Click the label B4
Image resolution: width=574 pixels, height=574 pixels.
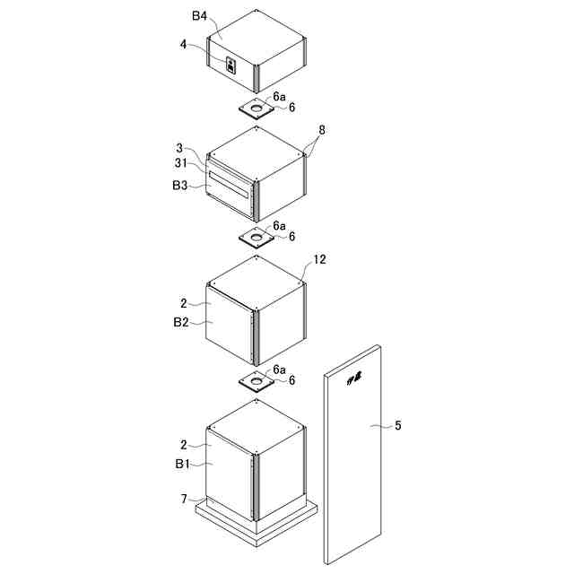coord(198,15)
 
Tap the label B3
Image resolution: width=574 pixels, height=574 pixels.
coord(180,186)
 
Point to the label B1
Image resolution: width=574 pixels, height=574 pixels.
coord(182,464)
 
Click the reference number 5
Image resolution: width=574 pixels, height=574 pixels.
coord(398,425)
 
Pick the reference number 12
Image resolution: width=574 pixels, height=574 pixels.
coord(320,261)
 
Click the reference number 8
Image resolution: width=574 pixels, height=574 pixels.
coord(322,129)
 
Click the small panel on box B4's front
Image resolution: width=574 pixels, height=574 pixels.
coord(230,65)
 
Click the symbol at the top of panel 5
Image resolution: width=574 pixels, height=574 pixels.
coord(355,378)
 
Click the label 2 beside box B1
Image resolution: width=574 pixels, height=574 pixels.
coord(183,444)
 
